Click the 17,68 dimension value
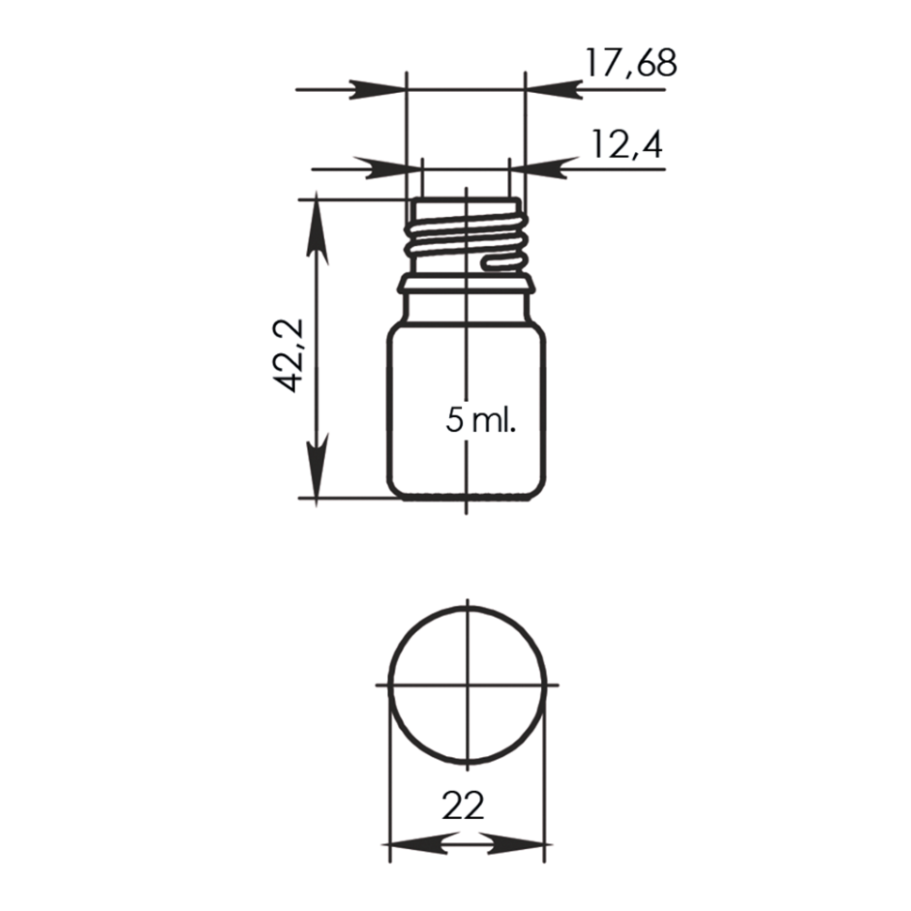coord(630,63)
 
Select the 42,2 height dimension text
coord(288,355)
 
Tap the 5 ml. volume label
coord(481,420)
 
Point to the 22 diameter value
coord(463,806)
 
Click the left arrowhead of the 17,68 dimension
coord(378,90)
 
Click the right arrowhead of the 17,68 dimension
coord(554,90)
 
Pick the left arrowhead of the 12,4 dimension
coord(394,169)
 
